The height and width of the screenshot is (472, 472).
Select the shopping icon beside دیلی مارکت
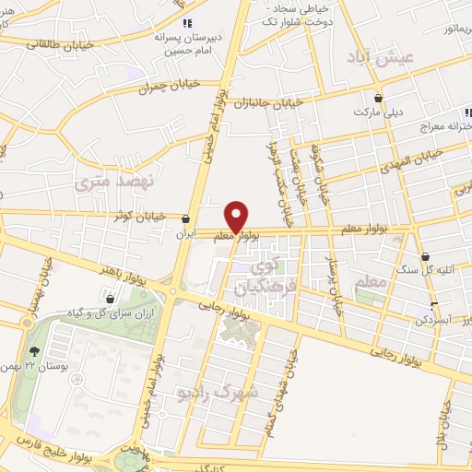(x=379, y=97)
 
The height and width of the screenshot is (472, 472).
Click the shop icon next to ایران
(x=187, y=219)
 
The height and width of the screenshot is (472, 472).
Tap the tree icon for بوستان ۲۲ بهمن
(x=35, y=351)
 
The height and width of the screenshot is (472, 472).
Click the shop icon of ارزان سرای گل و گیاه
(x=111, y=299)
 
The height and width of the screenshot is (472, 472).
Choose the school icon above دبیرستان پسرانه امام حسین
(x=187, y=22)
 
